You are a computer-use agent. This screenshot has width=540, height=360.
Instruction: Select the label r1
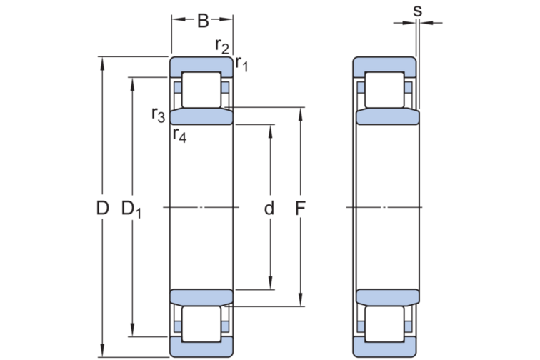click(241, 64)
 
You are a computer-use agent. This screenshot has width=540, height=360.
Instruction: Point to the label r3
click(159, 114)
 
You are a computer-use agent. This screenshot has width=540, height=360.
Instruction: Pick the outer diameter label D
click(103, 209)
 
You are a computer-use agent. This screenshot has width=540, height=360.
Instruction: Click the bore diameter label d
click(269, 209)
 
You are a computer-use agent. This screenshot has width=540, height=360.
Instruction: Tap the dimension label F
click(301, 209)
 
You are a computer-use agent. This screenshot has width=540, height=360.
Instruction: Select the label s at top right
click(417, 10)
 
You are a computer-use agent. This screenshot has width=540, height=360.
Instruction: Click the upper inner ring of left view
click(201, 116)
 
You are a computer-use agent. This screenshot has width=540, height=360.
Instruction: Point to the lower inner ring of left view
click(201, 298)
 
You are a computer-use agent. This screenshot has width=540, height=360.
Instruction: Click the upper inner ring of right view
click(386, 117)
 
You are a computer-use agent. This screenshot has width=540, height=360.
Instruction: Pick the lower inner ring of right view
click(386, 297)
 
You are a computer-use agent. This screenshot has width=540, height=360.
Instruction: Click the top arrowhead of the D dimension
click(103, 61)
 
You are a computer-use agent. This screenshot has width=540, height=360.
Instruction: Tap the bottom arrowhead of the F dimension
click(301, 301)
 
